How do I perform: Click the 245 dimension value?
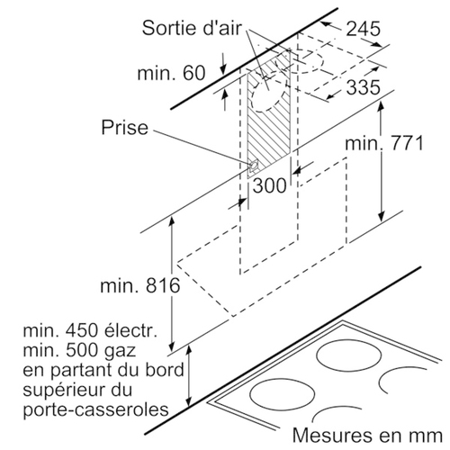coord(364,29)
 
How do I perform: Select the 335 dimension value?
coord(364,87)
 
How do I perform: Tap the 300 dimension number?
coord(269,185)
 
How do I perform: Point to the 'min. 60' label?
coord(171,73)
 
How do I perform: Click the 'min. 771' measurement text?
coord(384,143)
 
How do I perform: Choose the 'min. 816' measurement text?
coord(140,285)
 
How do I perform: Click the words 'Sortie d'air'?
coord(192,28)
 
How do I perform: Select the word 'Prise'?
coord(125,127)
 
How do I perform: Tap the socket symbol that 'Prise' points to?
coord(254,166)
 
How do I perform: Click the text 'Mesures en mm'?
coord(367,435)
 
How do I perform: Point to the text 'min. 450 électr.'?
coord(90,330)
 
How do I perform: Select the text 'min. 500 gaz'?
coord(79,350)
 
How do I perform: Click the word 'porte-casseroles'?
coord(95,409)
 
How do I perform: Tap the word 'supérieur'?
coord(67,390)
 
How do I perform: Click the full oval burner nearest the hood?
coord(349,359)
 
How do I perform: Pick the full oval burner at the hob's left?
coord(282,394)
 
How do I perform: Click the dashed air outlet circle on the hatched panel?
coord(268,96)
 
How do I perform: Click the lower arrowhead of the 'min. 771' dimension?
coord(382,216)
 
